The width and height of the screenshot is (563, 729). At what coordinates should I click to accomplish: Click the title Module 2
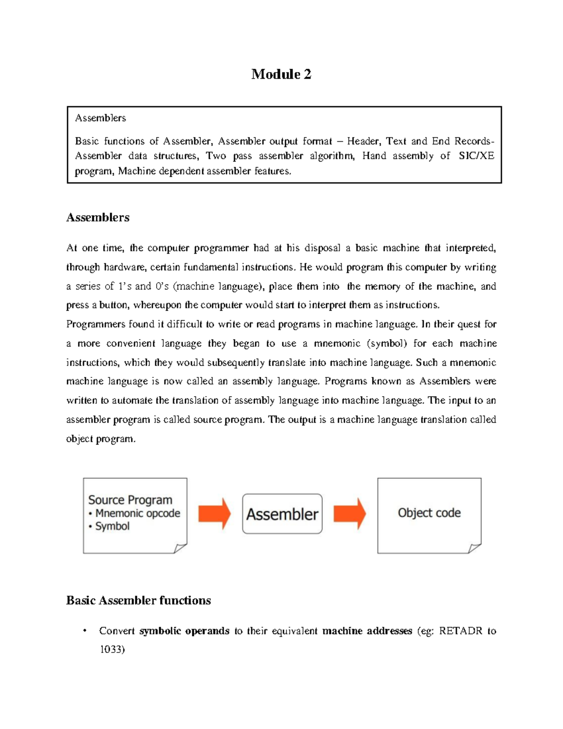point(281,74)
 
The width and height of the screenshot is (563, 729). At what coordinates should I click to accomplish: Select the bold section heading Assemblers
point(98,217)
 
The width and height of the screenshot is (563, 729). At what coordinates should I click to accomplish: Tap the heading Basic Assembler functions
point(138,600)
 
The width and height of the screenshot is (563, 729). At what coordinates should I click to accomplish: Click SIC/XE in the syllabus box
point(476,156)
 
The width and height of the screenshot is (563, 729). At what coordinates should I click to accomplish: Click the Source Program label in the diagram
point(130,500)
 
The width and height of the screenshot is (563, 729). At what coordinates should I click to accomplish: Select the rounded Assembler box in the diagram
point(282,514)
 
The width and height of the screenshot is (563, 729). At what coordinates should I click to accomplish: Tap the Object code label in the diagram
point(429,513)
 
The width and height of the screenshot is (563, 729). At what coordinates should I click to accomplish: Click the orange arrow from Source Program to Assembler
point(214,514)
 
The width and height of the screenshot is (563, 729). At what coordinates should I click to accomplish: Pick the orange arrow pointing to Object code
point(350,514)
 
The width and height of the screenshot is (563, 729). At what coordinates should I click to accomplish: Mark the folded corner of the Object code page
point(474,548)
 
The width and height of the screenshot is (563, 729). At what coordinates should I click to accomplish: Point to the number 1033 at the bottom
point(111,650)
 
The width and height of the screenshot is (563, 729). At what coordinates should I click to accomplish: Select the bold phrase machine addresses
point(367,631)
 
